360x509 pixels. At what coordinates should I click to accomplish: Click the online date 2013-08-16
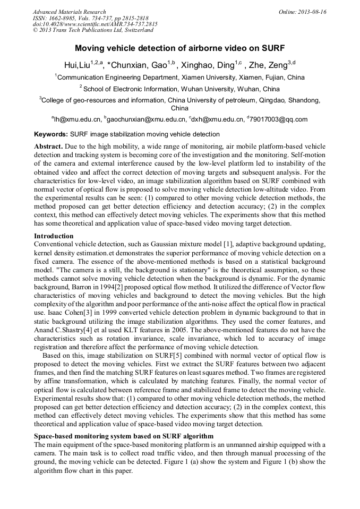[312, 12]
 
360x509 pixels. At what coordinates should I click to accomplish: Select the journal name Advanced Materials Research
[69, 12]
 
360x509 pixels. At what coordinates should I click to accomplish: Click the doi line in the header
[95, 24]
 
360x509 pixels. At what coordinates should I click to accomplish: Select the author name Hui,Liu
[76, 65]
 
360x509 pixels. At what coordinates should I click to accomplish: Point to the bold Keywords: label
[51, 134]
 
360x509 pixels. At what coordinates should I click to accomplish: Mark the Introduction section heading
[54, 236]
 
